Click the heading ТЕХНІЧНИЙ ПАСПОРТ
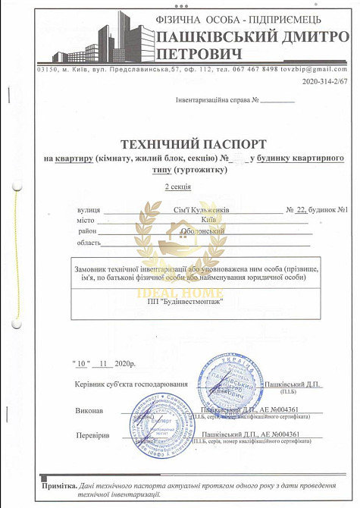193,143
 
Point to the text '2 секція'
178,186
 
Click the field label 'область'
89,243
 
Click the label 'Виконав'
89,410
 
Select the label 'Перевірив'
93,436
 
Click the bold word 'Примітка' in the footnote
60,484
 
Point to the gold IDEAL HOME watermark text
179,272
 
